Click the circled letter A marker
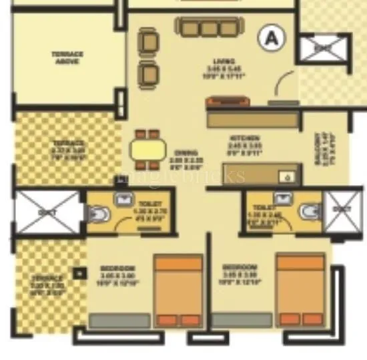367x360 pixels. click(x=272, y=38)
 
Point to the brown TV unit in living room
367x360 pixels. click(x=228, y=102)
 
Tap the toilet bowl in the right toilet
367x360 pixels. click(x=309, y=212)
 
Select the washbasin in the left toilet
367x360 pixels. click(x=124, y=198)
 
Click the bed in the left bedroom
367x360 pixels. click(x=178, y=291)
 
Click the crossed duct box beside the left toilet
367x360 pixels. click(x=47, y=212)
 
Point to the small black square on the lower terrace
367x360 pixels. click(x=79, y=273)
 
